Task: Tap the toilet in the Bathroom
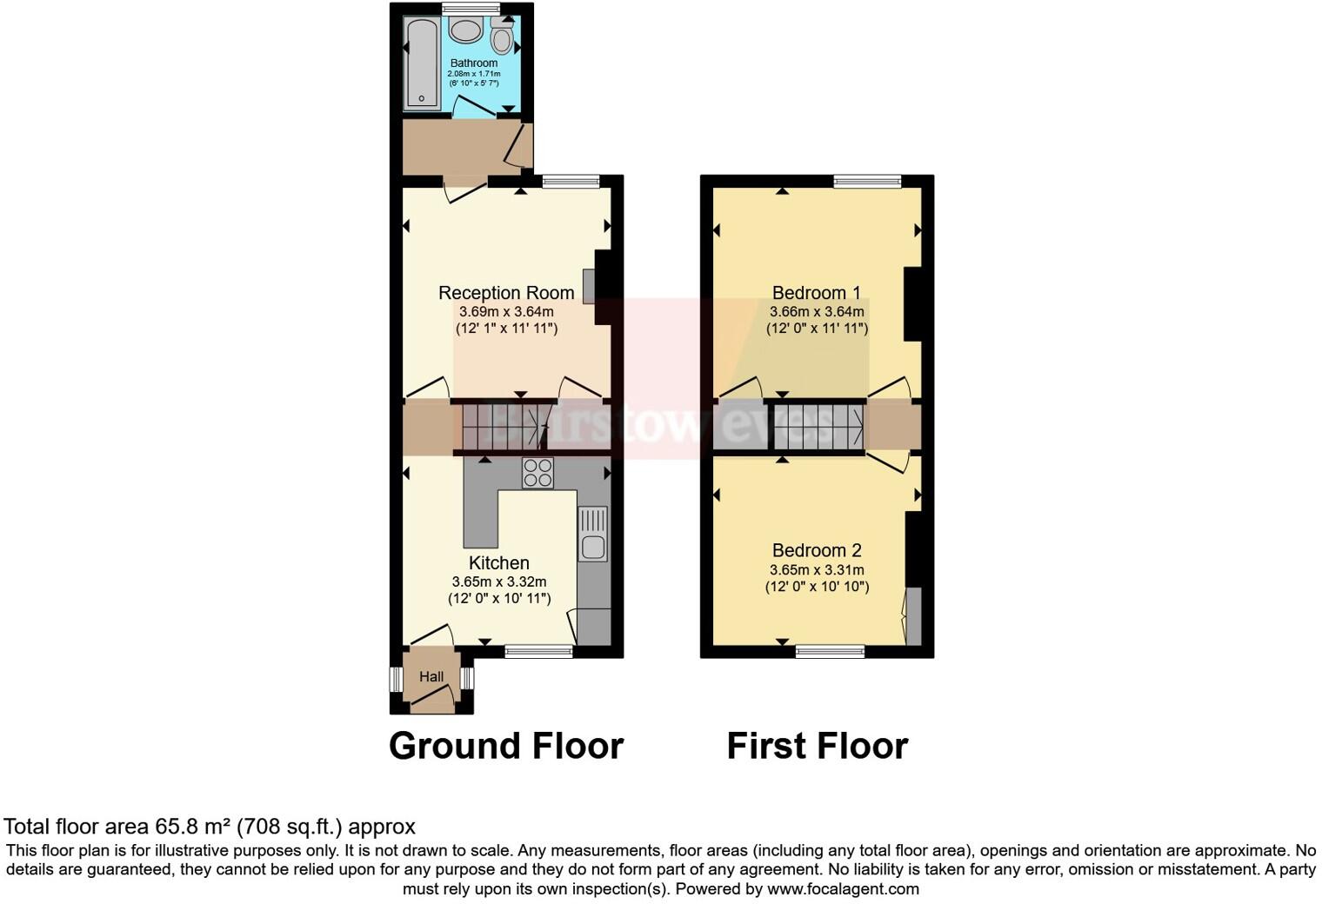coord(501,37)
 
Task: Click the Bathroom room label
coord(474,63)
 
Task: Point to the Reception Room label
coord(506,293)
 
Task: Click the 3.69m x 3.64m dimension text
coord(506,311)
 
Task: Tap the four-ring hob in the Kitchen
coord(537,472)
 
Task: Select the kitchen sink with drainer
coord(593,534)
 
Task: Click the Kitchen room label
coord(499,563)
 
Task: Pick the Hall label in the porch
coord(431,676)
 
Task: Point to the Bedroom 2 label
coord(817,550)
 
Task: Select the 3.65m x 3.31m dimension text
coord(817,570)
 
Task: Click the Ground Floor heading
coord(506,746)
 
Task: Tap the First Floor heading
coord(818,746)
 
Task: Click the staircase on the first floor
coord(818,426)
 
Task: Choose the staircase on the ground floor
coord(504,426)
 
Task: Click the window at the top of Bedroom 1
coord(867,182)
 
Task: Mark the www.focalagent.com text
coord(843,889)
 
